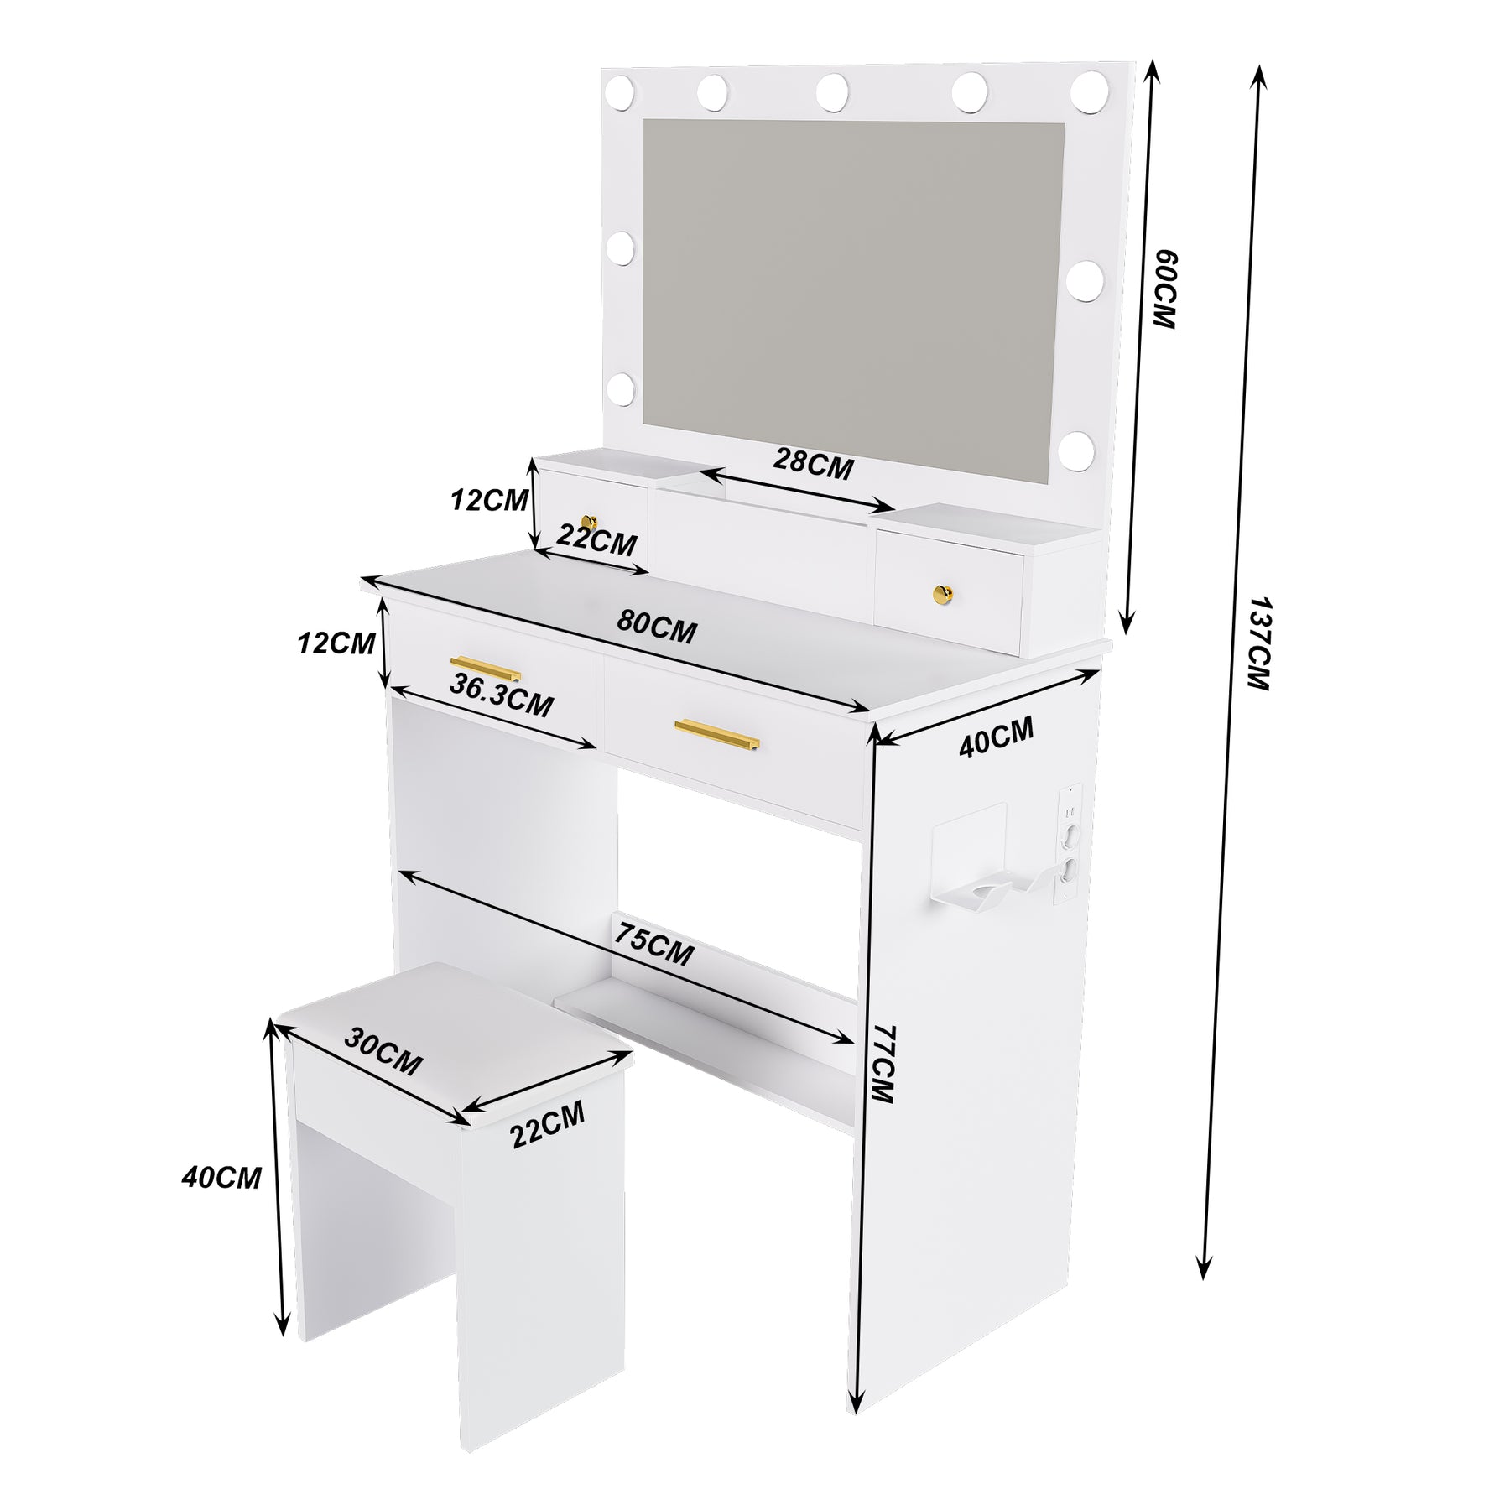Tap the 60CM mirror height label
click(x=1164, y=289)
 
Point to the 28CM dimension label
click(x=813, y=465)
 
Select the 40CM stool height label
click(x=221, y=1177)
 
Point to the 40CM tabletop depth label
click(x=997, y=737)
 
